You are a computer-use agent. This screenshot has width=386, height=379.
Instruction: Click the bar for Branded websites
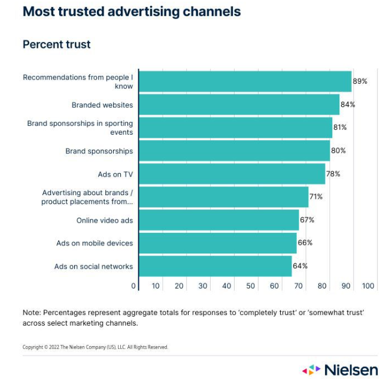pos(239,105)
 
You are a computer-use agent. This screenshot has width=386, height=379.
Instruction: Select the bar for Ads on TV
pos(232,174)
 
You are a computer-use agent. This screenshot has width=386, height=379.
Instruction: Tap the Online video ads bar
pos(218,220)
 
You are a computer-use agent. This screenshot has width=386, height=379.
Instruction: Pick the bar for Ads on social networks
pos(215,266)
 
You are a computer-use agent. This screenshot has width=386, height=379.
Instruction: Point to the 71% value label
pos(316,197)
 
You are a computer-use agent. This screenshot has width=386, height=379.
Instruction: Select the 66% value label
pos(305,243)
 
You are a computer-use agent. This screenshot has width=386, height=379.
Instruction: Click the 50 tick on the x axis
pos(251,286)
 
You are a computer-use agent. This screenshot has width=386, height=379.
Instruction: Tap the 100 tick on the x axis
pos(368,286)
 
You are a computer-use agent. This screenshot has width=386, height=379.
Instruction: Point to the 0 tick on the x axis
pos(133,286)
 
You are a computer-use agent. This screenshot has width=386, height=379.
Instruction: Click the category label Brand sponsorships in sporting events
pos(80,128)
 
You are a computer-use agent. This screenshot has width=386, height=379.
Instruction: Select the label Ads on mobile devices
pos(95,243)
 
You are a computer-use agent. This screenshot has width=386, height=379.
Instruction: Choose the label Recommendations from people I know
pos(78,81)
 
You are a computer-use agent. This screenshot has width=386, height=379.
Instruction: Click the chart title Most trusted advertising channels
pos(132,11)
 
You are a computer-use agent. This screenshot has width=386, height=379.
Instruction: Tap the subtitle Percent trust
pos(56,44)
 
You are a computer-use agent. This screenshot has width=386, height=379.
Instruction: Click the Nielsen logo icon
pos(311,369)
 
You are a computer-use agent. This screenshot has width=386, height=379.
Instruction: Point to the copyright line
pos(95,347)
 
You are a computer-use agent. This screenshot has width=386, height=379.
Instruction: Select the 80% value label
pos(338,151)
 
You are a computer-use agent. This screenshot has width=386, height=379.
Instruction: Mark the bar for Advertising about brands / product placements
pos(223,197)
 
